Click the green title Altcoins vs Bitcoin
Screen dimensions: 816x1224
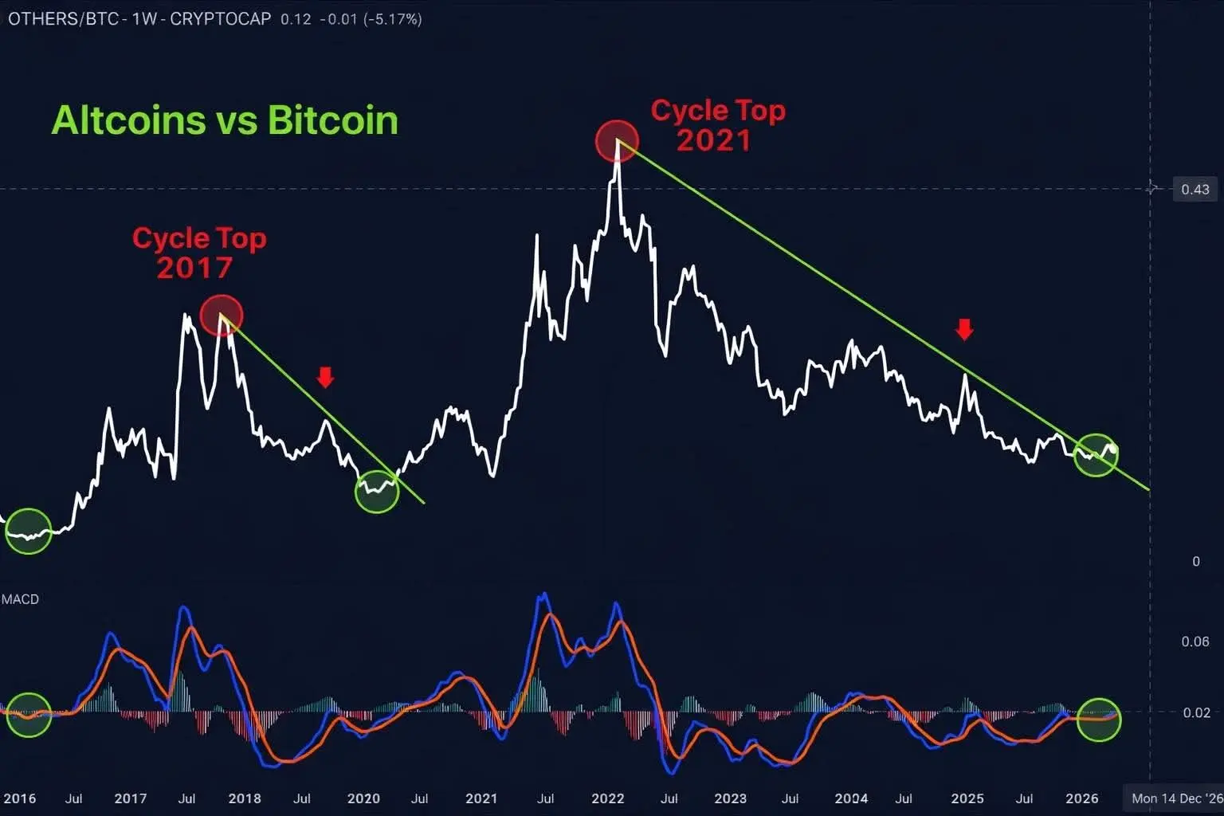click(225, 120)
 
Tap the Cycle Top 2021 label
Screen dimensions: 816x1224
click(717, 125)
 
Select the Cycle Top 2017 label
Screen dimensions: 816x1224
click(198, 253)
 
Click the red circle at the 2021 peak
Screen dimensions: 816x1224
click(617, 141)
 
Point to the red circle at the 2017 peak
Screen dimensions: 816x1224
click(221, 315)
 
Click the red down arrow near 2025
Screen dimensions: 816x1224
click(965, 329)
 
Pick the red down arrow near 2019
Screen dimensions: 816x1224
click(325, 377)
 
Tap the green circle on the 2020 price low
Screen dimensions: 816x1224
click(376, 491)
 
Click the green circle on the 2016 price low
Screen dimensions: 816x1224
click(28, 531)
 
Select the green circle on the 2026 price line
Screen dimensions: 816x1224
click(1096, 454)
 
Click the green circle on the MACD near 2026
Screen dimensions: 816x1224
click(1098, 719)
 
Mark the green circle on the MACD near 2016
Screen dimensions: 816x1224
click(28, 714)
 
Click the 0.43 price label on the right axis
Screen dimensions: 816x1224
click(1195, 190)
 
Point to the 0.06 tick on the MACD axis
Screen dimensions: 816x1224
click(1195, 641)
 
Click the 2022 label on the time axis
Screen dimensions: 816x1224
click(607, 798)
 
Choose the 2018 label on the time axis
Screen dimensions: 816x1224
click(245, 798)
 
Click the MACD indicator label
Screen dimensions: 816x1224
click(20, 599)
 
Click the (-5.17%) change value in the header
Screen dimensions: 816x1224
click(392, 18)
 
